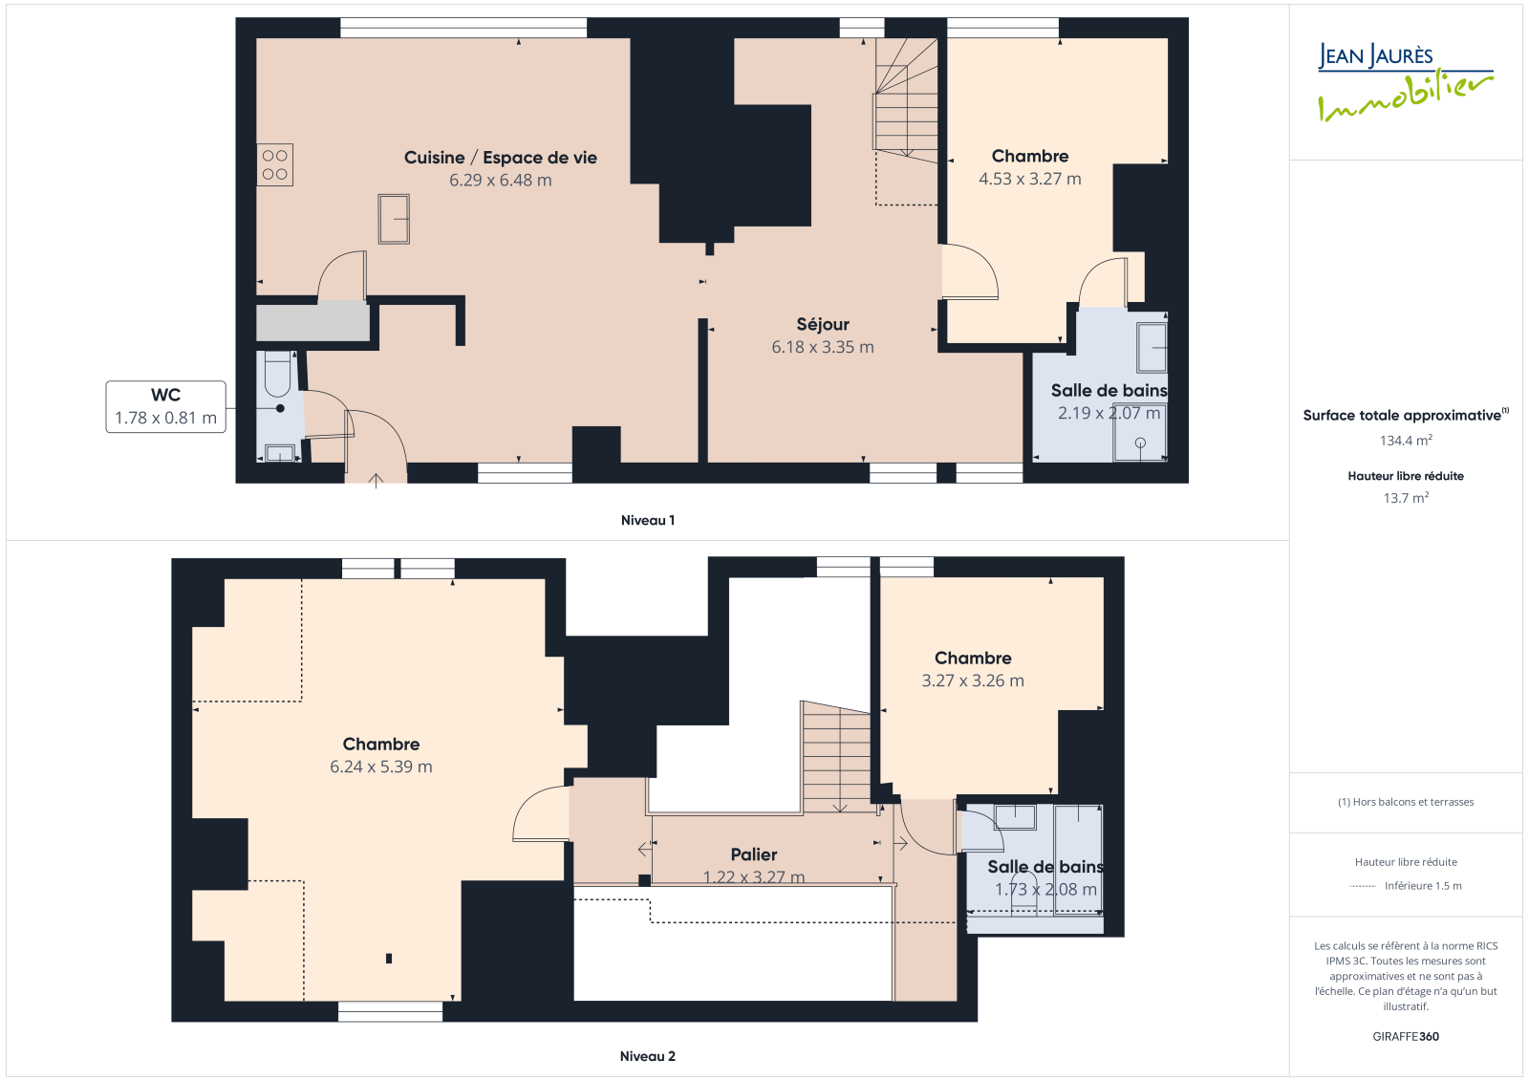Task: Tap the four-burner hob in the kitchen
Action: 275,164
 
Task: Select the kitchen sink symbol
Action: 394,219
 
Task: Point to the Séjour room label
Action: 823,324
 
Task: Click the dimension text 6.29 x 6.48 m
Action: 501,181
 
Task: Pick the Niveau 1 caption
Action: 648,520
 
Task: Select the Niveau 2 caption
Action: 648,1056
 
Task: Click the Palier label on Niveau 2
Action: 754,854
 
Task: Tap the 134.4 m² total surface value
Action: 1406,441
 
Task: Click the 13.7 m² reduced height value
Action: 1406,498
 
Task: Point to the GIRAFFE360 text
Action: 1406,1037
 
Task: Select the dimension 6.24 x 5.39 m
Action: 381,767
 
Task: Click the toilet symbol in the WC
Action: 277,375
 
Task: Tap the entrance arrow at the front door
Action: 376,481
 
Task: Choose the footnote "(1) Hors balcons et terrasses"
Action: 1406,802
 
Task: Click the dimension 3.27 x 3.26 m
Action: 973,681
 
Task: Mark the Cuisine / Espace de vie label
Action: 501,158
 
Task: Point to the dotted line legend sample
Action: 1363,886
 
